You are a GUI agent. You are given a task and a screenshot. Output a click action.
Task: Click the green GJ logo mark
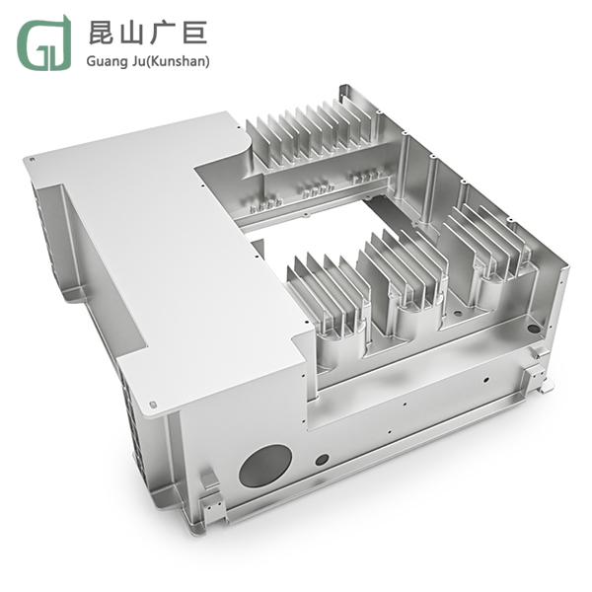[43, 43]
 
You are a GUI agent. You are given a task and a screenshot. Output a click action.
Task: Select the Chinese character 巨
[194, 33]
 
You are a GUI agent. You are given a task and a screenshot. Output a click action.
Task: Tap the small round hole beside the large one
[322, 459]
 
